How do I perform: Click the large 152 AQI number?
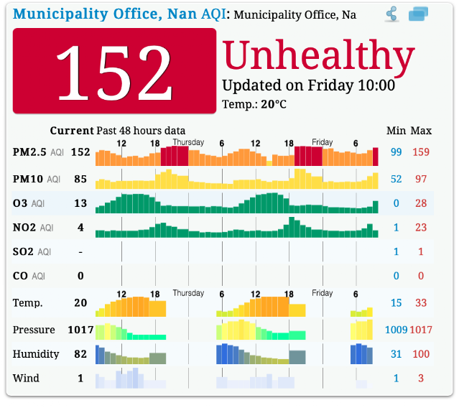click(114, 73)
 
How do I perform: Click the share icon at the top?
click(391, 14)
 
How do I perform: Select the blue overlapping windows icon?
click(418, 14)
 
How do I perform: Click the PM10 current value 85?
click(80, 179)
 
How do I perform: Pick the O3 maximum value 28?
click(421, 203)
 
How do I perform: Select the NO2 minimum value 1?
click(396, 228)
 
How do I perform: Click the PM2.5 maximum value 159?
click(421, 152)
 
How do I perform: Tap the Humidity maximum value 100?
click(421, 354)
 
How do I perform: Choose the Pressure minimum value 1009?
click(396, 330)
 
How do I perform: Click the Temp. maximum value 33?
click(421, 303)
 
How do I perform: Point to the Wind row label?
click(26, 378)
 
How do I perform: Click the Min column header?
click(396, 131)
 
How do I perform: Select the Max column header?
click(421, 131)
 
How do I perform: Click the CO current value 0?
click(80, 276)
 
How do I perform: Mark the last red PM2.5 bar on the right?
click(375, 157)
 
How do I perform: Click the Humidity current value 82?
click(80, 354)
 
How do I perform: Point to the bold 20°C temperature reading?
click(274, 104)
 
